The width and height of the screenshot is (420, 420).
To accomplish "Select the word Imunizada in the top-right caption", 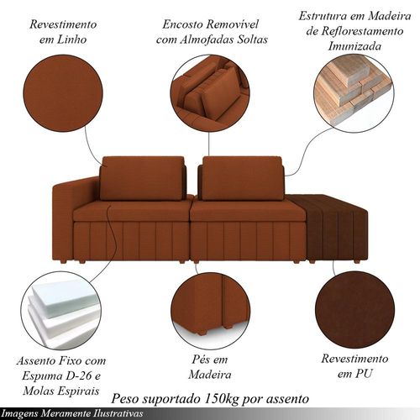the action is pos(354,46).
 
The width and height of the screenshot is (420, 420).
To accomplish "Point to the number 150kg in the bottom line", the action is pos(223,398).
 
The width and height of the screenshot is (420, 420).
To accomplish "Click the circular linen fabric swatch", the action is pos(63,93).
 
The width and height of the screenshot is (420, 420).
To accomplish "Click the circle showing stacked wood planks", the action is pos(354,93).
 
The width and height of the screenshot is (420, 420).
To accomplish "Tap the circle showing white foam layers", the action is pos(61,310).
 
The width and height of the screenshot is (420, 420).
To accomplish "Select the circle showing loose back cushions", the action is pos(210,93).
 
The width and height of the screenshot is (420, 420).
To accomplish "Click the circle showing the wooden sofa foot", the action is pos(210,310).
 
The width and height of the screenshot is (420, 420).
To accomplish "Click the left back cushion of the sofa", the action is pos(142,178).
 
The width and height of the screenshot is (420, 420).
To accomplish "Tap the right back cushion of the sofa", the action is pos(242,178).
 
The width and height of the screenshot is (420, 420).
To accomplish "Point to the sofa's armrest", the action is pos(76,196).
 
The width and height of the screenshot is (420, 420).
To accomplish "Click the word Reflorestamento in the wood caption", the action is pos(354,31).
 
